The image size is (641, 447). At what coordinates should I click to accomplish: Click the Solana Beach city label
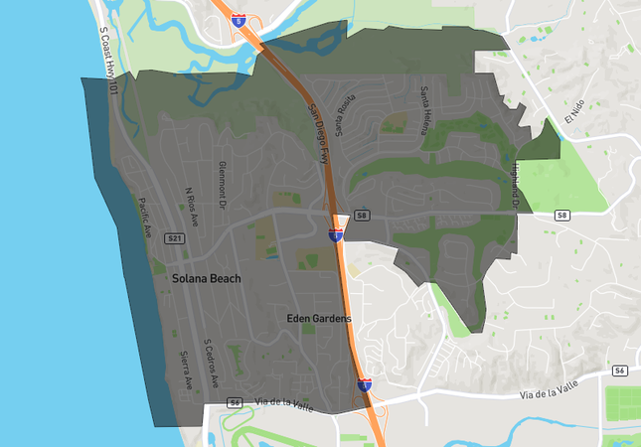pos(206,279)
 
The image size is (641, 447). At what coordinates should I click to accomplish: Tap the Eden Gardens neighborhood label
pos(317,319)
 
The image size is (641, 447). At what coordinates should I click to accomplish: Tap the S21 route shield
pos(175,239)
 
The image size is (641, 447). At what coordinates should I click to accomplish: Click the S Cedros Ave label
pos(209,364)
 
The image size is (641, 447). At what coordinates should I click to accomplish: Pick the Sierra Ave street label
pos(186,371)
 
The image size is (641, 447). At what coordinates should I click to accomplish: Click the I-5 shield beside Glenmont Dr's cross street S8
pos(336,235)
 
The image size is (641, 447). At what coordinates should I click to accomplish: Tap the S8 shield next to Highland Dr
pos(562,216)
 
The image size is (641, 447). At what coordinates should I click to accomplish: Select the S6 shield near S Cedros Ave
pos(235,402)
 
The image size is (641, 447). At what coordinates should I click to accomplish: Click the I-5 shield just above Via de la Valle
pos(365,383)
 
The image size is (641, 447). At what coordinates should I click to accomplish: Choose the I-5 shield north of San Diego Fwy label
pos(239,19)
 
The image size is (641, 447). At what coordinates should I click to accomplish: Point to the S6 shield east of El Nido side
pos(620,370)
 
